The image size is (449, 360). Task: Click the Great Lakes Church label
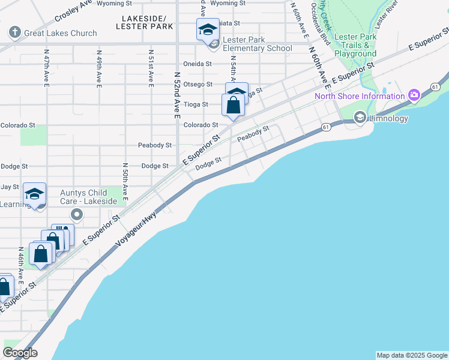point(60,33)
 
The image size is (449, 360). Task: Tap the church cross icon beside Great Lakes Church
point(14,32)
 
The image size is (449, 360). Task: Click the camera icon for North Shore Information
point(414,95)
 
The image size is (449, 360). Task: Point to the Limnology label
point(389,118)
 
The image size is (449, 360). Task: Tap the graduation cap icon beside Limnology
point(360,118)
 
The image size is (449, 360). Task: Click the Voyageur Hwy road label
point(137,230)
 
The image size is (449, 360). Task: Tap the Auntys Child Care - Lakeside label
point(89,197)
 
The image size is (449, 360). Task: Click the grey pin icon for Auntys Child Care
point(76,214)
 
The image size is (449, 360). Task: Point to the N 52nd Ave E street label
point(177,95)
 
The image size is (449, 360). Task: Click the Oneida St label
point(197,64)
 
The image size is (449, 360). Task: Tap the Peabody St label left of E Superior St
point(154,145)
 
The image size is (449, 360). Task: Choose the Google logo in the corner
point(20,353)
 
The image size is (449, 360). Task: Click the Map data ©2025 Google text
point(412,355)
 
